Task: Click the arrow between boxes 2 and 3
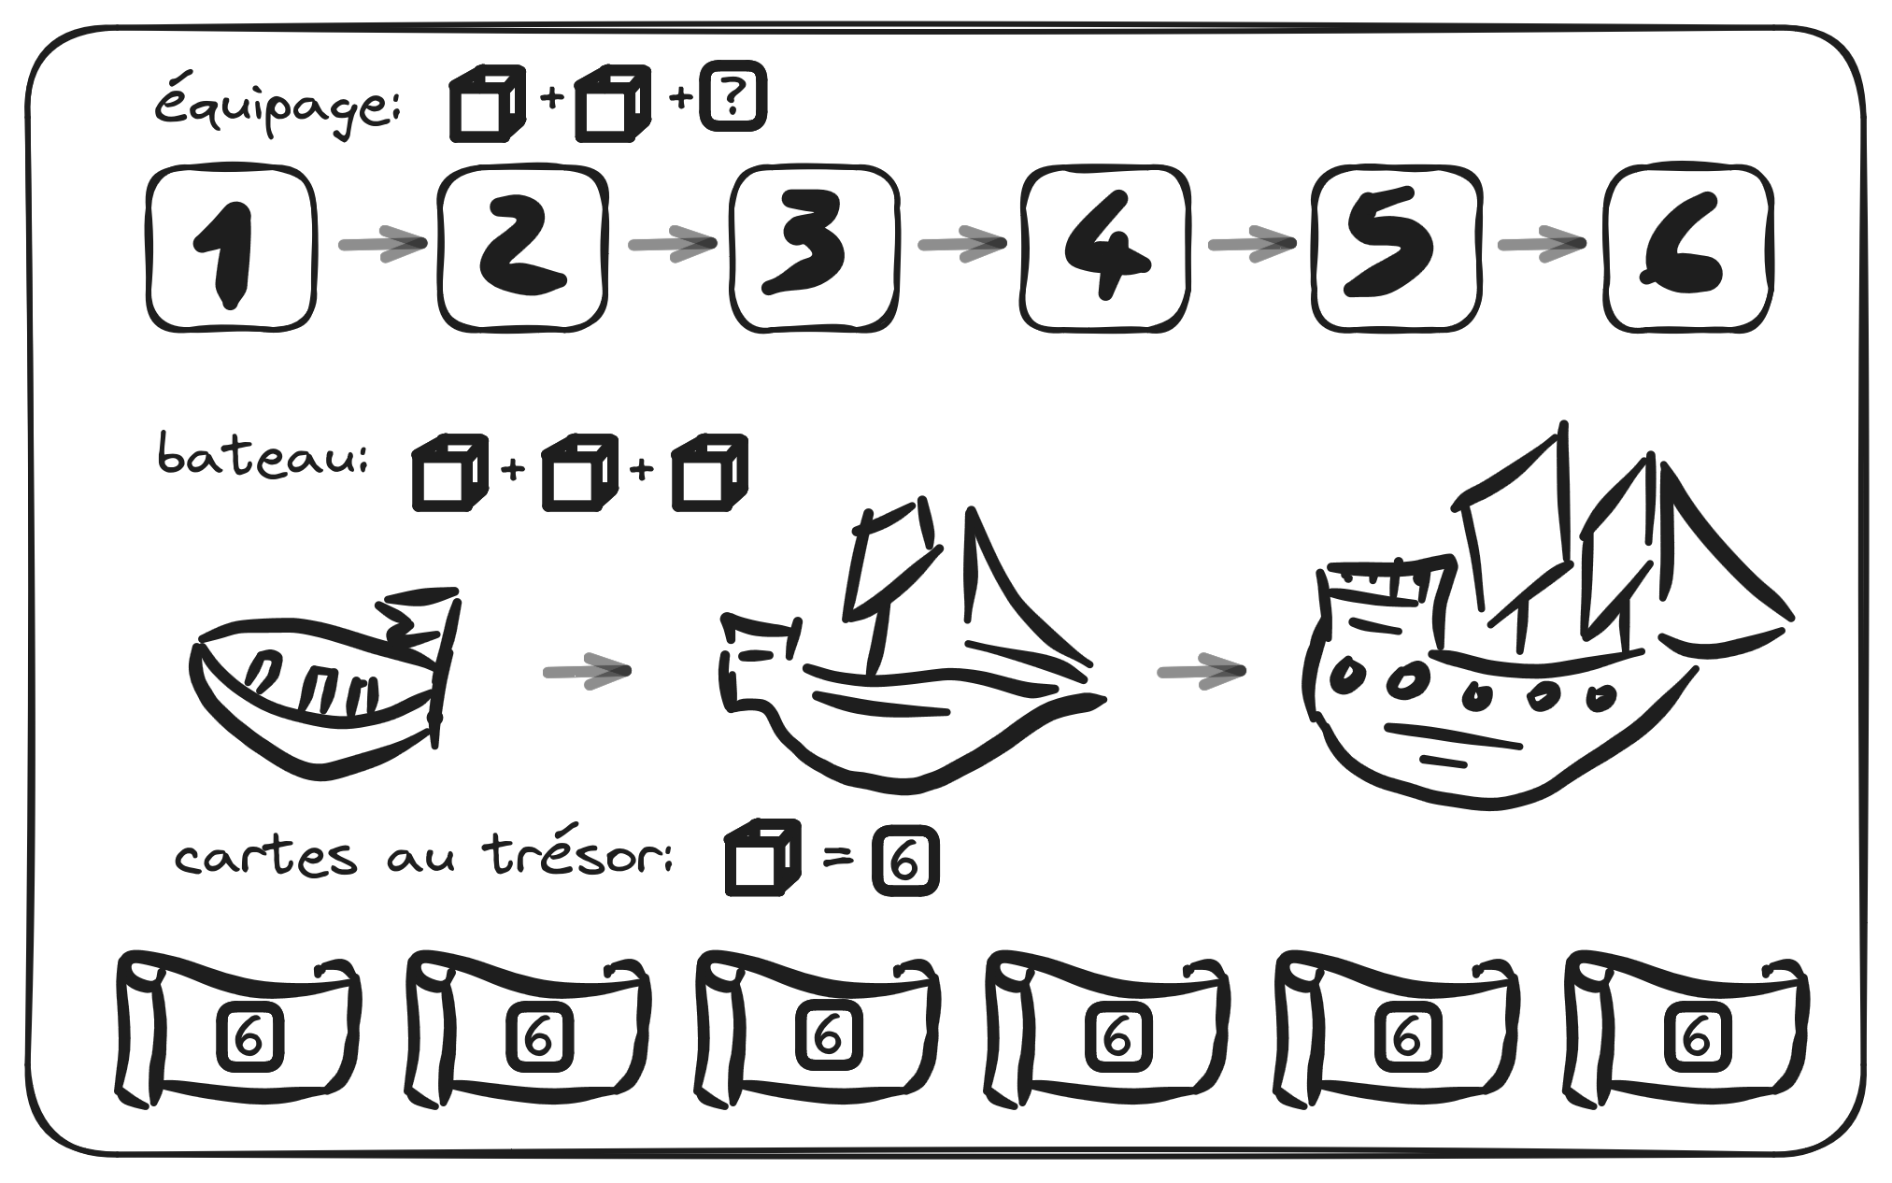point(672,244)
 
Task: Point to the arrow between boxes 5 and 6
point(1541,244)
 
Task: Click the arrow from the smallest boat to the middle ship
point(587,671)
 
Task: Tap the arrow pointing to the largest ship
point(1202,671)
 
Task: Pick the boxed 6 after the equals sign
point(904,864)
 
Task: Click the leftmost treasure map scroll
point(237,1030)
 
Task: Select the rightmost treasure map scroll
point(1686,1030)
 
